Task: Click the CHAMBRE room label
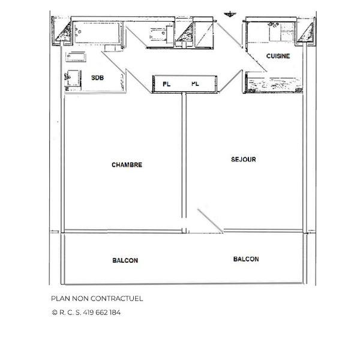pyautogui.click(x=127, y=165)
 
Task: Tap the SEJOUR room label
pyautogui.click(x=244, y=160)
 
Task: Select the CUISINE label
pyautogui.click(x=278, y=56)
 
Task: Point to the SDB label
pyautogui.click(x=97, y=78)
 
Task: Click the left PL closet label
pyautogui.click(x=166, y=84)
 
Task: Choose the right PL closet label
pyautogui.click(x=195, y=84)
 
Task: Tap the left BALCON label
pyautogui.click(x=125, y=260)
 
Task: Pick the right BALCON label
pyautogui.click(x=246, y=259)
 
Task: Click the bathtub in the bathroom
pyautogui.click(x=97, y=32)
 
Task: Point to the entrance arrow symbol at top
pyautogui.click(x=230, y=14)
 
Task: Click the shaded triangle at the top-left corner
pyautogui.click(x=64, y=32)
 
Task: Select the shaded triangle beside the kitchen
pyautogui.click(x=306, y=33)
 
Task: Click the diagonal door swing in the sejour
pyautogui.click(x=210, y=221)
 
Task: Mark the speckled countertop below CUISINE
pyautogui.click(x=275, y=85)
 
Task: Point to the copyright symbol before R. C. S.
pyautogui.click(x=55, y=313)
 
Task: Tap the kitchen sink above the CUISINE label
pyautogui.click(x=281, y=32)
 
